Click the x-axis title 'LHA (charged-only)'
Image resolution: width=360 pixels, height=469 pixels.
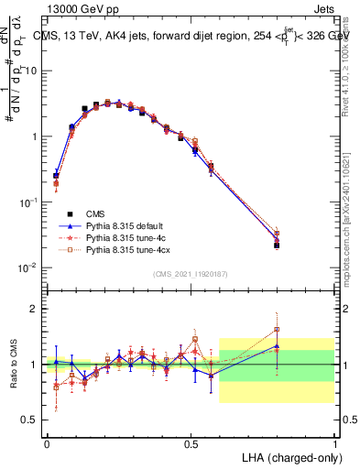(x=287, y=455)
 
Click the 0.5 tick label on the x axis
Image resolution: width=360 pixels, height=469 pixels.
(x=191, y=442)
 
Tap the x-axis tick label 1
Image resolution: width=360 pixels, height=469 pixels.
(x=335, y=442)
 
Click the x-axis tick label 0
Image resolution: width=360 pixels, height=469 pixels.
(x=47, y=442)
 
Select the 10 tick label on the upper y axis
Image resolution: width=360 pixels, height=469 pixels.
(x=33, y=71)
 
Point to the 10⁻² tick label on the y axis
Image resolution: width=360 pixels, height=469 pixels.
(x=30, y=267)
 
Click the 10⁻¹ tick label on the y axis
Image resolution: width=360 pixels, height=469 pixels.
(x=30, y=201)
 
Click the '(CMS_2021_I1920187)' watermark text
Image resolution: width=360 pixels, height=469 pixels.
(x=191, y=275)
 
